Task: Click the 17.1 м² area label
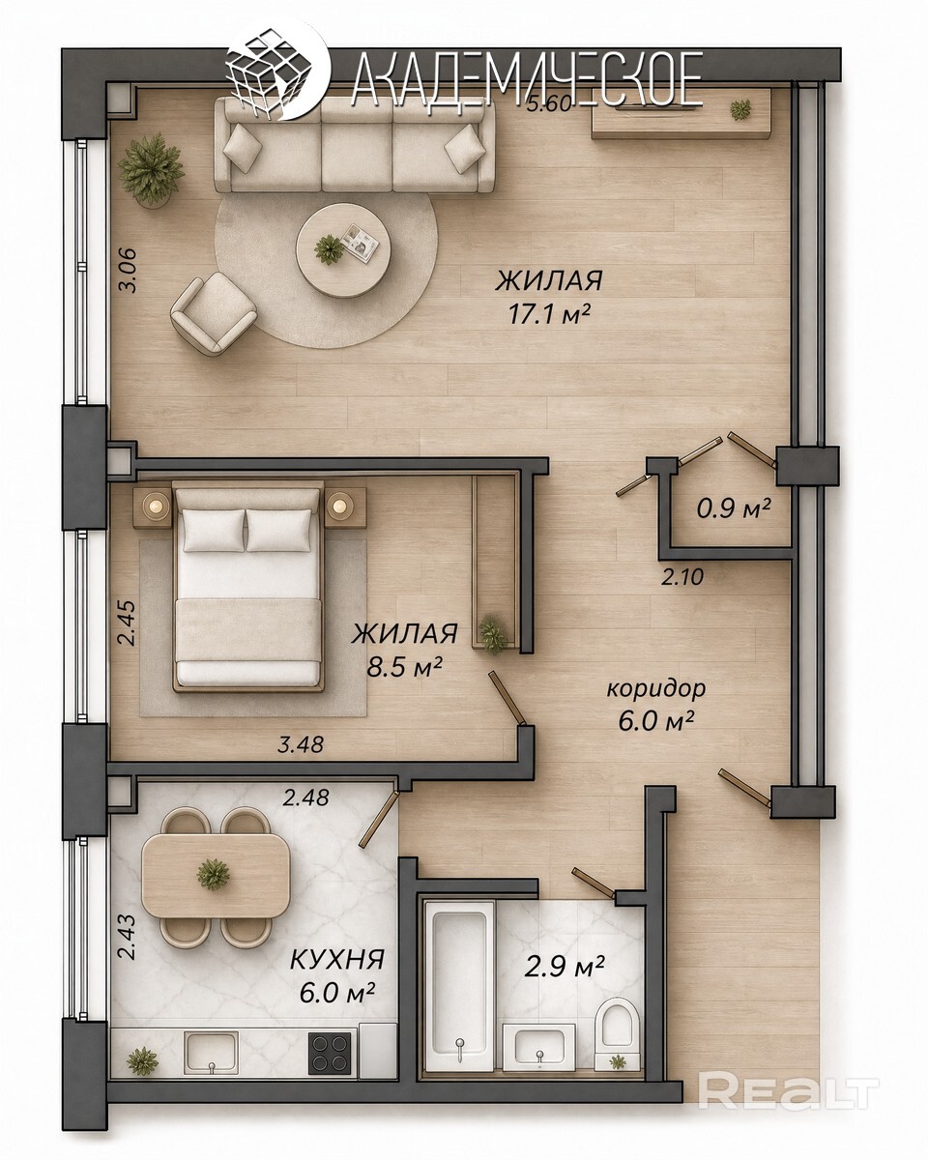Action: pyautogui.click(x=548, y=314)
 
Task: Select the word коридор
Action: pyautogui.click(x=656, y=689)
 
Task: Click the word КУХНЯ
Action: pyautogui.click(x=337, y=960)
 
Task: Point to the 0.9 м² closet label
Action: pyautogui.click(x=734, y=507)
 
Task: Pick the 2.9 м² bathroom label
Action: pyautogui.click(x=565, y=967)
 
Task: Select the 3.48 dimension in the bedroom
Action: pyautogui.click(x=301, y=744)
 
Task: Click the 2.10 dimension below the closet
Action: pyautogui.click(x=682, y=577)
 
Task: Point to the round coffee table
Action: pyautogui.click(x=344, y=249)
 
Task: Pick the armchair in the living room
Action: pyautogui.click(x=214, y=313)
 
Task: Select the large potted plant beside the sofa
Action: pyautogui.click(x=151, y=170)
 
